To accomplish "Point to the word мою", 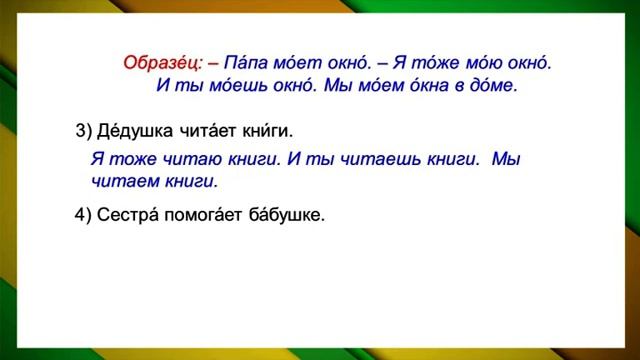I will click(x=462, y=63).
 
